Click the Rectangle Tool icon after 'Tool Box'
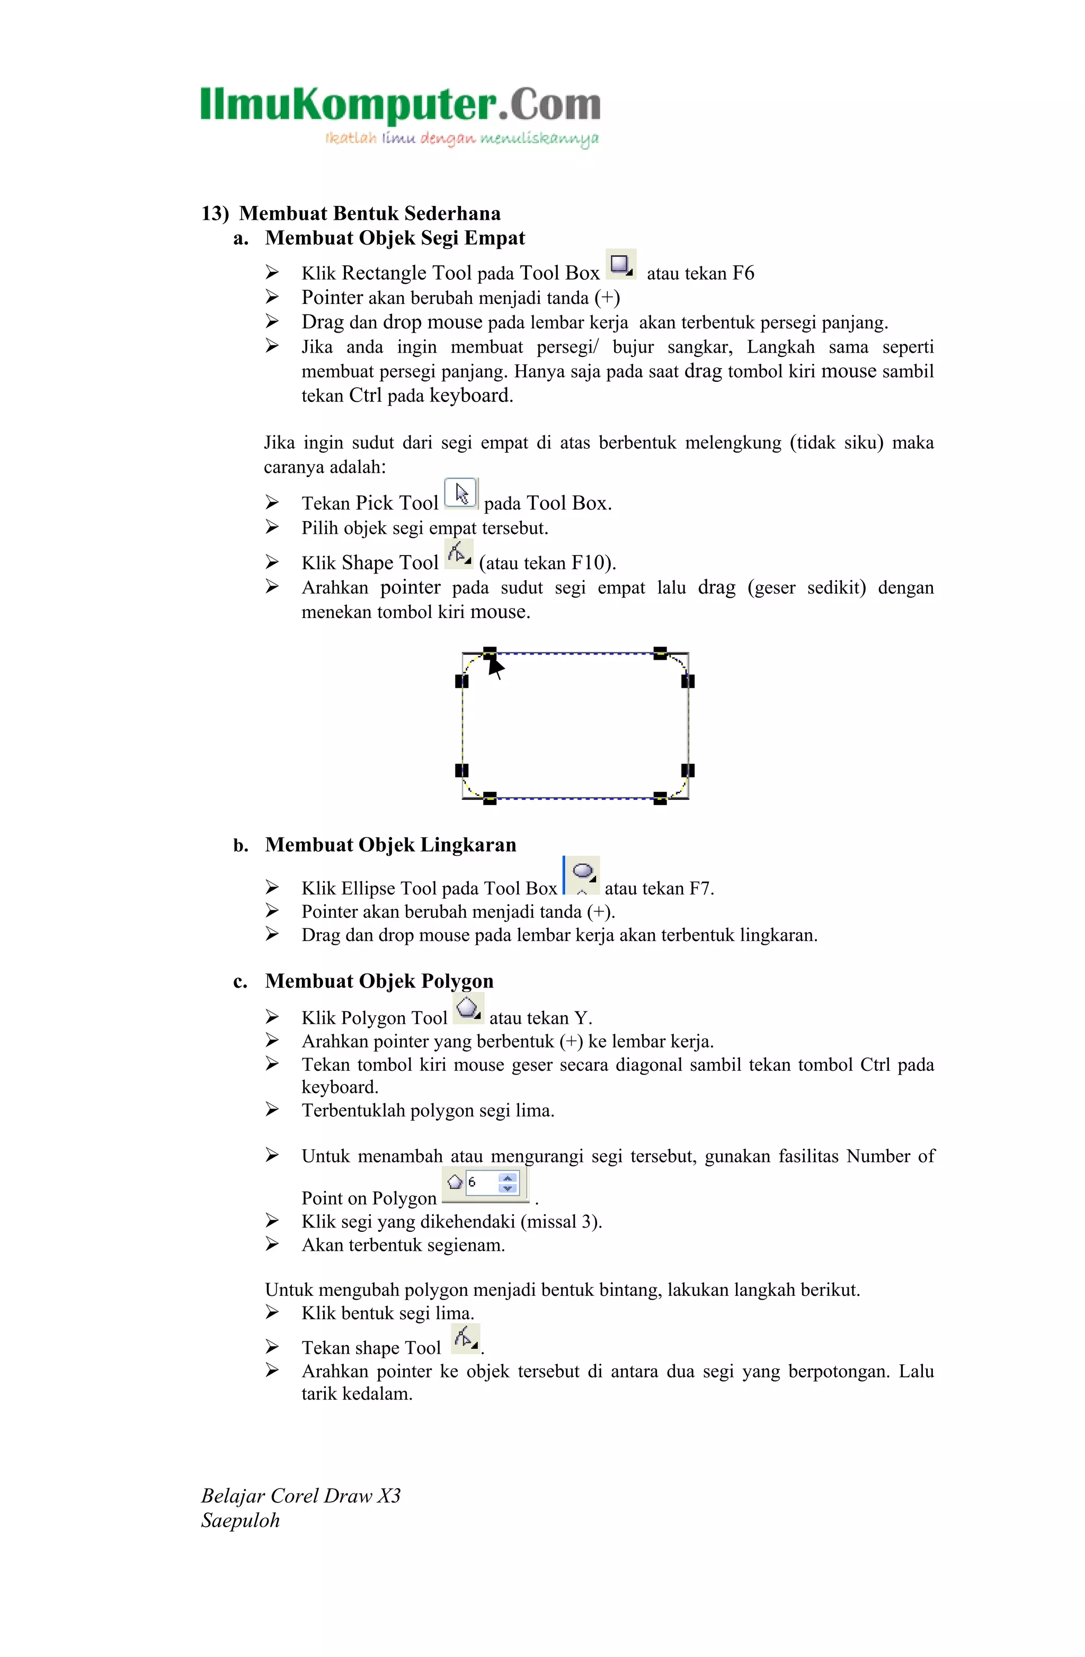click(620, 265)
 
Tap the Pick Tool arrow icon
click(461, 494)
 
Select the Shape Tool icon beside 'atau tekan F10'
click(458, 555)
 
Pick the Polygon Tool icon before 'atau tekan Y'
click(468, 1009)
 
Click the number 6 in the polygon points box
click(472, 1182)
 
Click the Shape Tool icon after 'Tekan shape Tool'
click(465, 1339)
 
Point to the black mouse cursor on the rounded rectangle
click(495, 667)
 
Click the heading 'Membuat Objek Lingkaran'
click(390, 845)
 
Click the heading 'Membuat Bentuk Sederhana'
click(369, 213)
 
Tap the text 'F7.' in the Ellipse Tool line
click(701, 889)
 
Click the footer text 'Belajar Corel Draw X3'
click(301, 1495)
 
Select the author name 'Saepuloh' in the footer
click(241, 1520)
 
